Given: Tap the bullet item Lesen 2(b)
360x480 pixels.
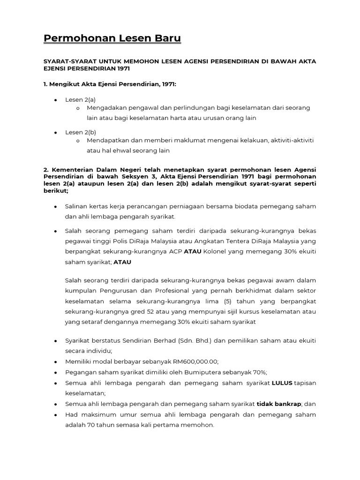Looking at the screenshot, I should tap(80, 132).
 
